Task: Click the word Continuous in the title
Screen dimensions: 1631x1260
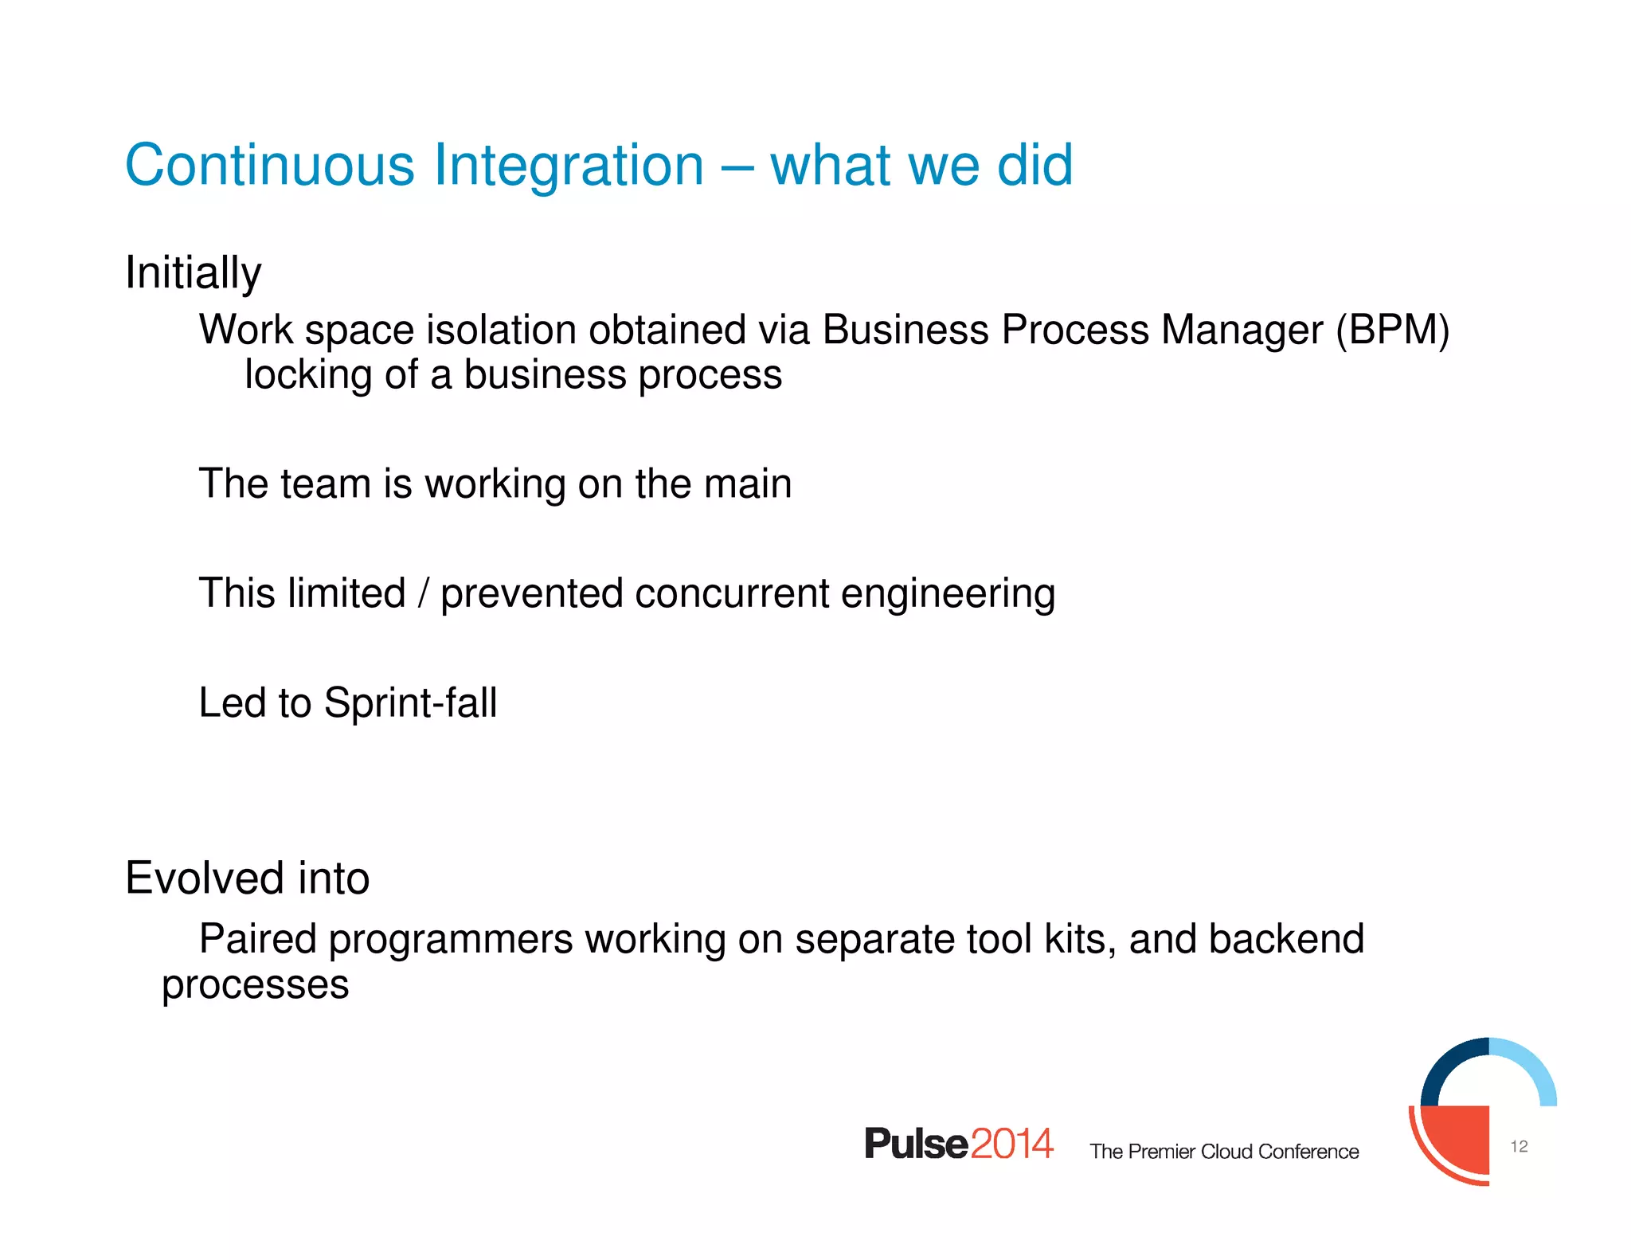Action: pos(269,165)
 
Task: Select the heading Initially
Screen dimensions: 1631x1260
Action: pos(193,273)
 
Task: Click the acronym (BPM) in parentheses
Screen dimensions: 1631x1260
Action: pos(1393,330)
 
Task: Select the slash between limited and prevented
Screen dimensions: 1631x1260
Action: pos(423,593)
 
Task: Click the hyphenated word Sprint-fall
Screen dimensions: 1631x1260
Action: pos(410,703)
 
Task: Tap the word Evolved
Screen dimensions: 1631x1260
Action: pos(205,878)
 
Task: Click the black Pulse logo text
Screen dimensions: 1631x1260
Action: pos(916,1145)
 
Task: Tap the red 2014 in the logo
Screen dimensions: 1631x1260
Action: pos(1011,1145)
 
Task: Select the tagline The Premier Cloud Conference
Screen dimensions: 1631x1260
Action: pos(1224,1152)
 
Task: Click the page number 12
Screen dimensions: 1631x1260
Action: pos(1519,1146)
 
